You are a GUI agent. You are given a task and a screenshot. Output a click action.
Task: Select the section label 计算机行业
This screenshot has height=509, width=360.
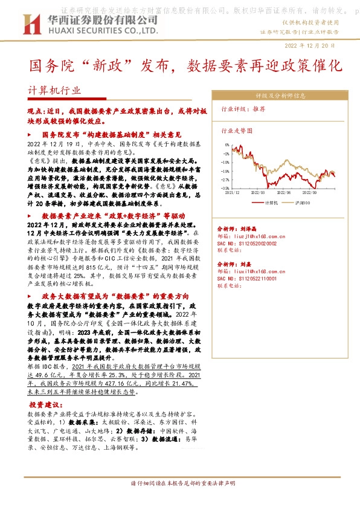click(x=54, y=91)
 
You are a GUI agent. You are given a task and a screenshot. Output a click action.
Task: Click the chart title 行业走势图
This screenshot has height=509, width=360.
click(x=237, y=130)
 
